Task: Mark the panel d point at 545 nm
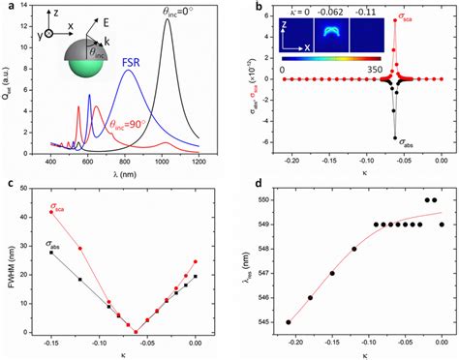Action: coord(289,322)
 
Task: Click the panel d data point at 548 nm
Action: coord(354,249)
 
